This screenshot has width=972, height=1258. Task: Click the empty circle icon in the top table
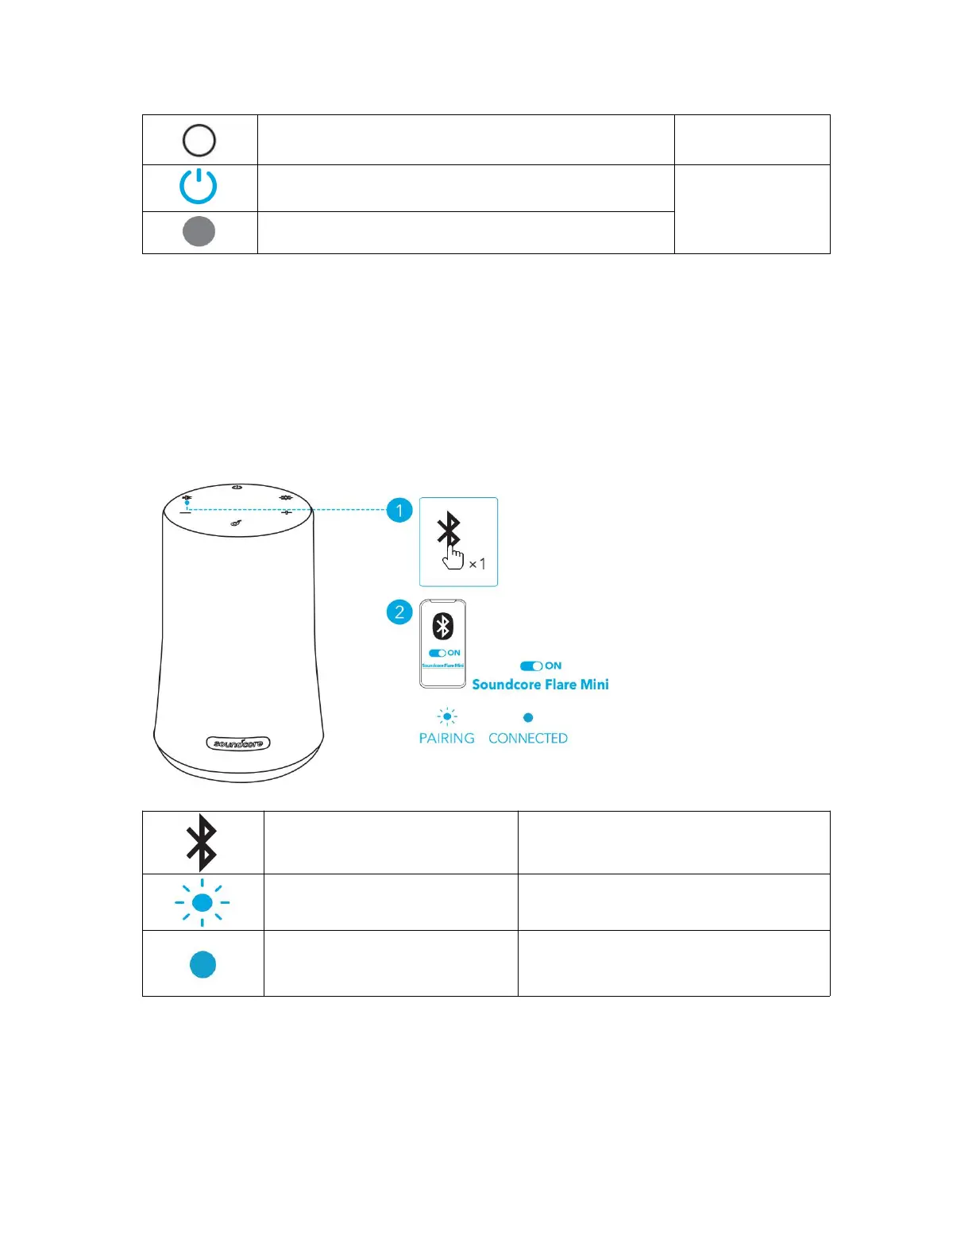click(199, 141)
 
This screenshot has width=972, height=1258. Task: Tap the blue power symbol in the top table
click(199, 187)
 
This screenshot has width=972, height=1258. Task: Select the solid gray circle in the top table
click(199, 232)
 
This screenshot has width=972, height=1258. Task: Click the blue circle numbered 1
click(399, 510)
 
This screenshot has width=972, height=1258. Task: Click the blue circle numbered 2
click(399, 612)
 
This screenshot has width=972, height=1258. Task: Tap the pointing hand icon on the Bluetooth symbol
click(453, 558)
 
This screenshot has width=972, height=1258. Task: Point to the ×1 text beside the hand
click(477, 564)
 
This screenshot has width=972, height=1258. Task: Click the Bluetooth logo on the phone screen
click(442, 627)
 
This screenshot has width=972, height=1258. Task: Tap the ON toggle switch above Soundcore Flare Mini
click(531, 666)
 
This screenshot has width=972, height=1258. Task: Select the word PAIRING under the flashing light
click(446, 739)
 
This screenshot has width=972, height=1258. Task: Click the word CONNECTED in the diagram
click(528, 739)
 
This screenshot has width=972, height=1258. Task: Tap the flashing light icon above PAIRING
click(447, 717)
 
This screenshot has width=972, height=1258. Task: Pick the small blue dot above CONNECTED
click(528, 718)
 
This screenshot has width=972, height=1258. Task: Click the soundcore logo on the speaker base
click(238, 743)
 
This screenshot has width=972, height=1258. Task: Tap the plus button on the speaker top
click(287, 512)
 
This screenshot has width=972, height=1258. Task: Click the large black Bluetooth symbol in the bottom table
click(202, 843)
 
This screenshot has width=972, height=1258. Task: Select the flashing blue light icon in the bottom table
click(202, 903)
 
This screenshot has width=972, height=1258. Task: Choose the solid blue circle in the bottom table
click(203, 964)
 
